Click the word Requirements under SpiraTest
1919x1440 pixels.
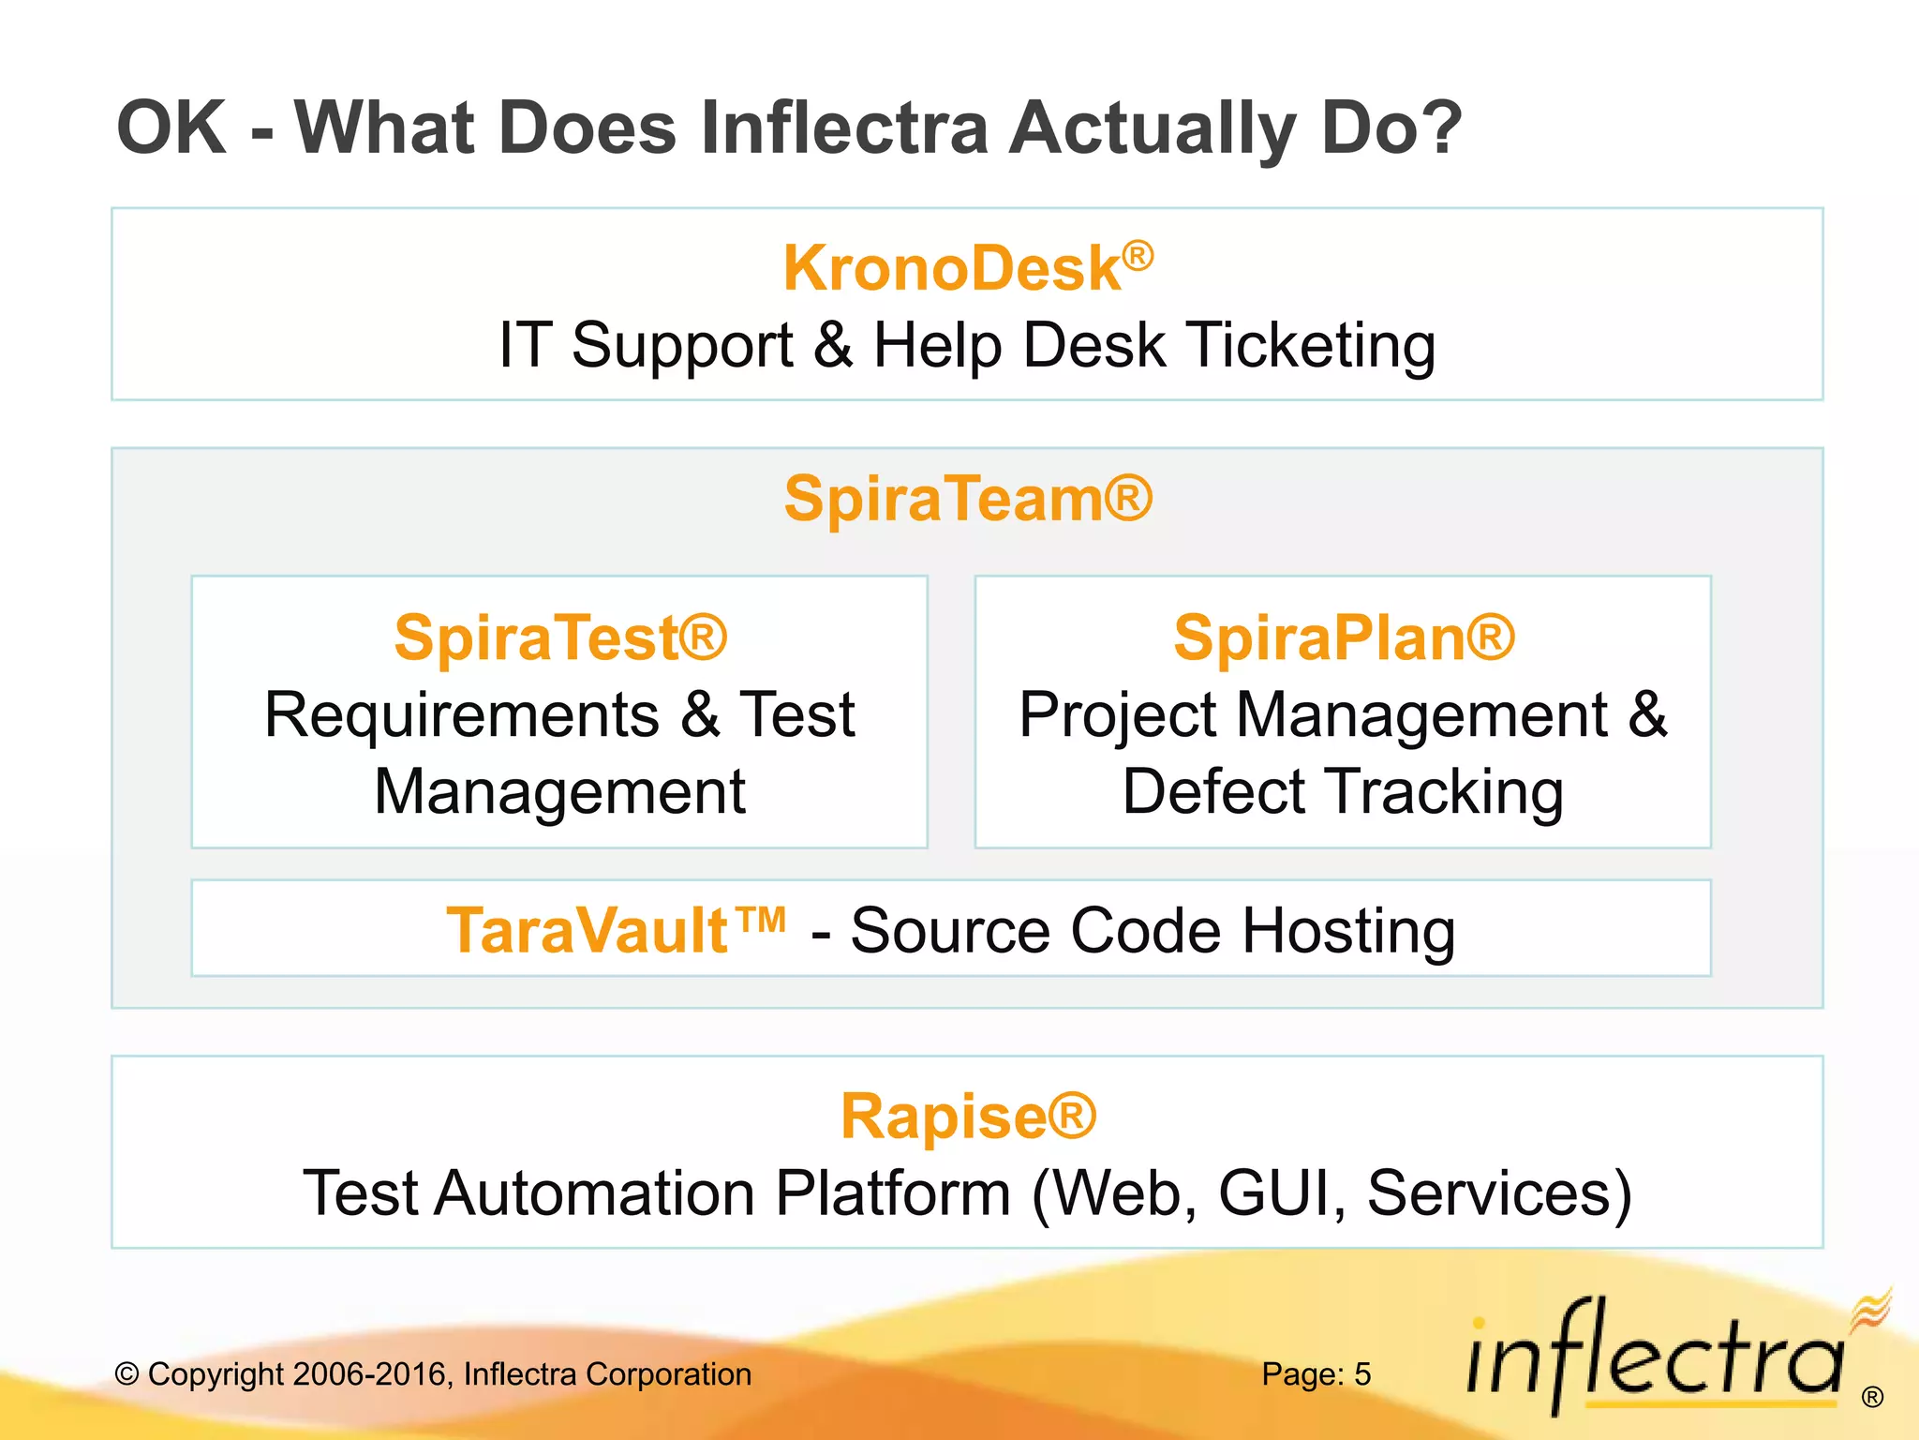462,715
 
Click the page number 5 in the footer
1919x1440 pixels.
1361,1374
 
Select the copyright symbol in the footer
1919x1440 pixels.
126,1375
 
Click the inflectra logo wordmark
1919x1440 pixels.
1654,1359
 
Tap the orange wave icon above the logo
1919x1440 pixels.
1871,1308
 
